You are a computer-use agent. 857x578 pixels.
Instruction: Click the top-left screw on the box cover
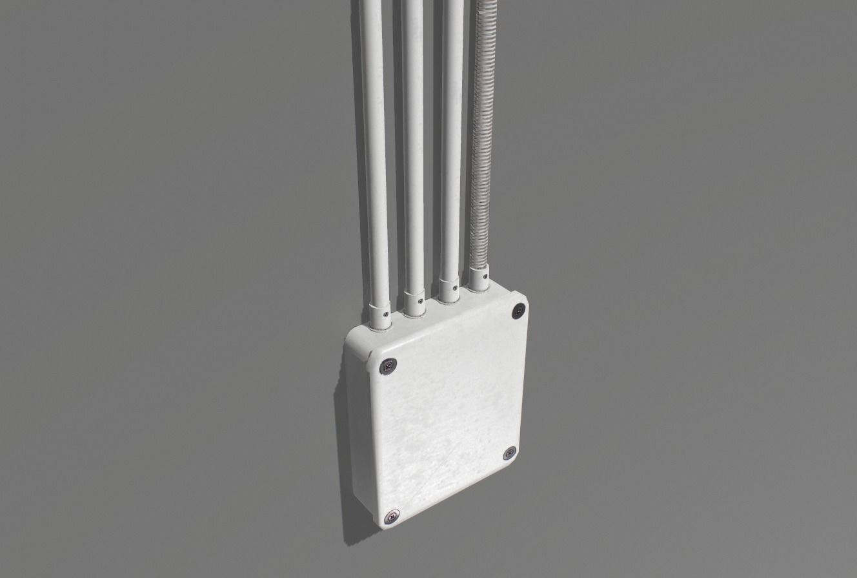(x=388, y=366)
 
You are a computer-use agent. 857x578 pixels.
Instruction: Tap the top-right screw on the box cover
(x=518, y=312)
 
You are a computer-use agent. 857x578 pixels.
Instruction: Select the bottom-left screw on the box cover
(x=390, y=517)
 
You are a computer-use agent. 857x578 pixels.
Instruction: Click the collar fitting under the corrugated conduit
(x=479, y=281)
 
